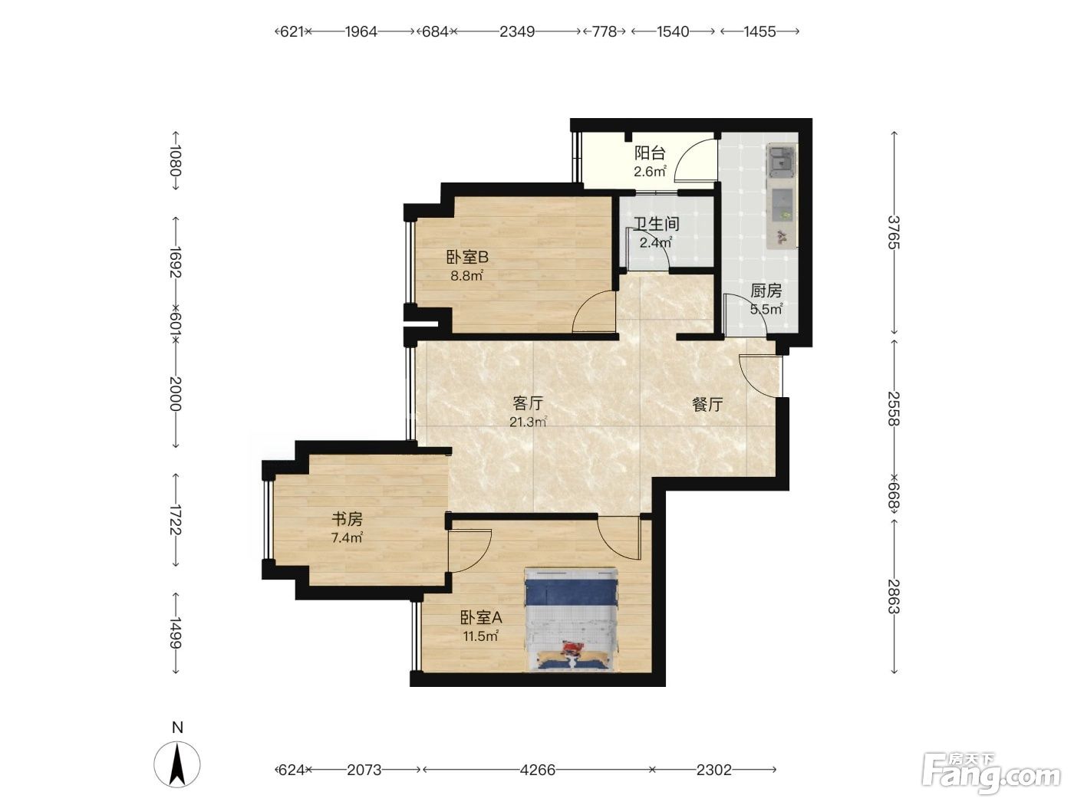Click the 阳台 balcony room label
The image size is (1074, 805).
pos(650,153)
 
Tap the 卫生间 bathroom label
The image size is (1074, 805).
pos(656,224)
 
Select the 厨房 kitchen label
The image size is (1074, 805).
pos(766,291)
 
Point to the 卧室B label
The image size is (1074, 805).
pos(466,257)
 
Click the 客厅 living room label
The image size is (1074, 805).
pos(528,403)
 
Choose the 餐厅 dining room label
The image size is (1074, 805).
pos(707,404)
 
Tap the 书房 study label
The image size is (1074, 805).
pos(347,518)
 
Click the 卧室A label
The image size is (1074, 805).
pos(481,617)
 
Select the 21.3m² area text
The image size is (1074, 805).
pos(528,422)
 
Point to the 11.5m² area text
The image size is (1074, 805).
pos(481,636)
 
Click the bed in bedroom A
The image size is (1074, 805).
pos(571,619)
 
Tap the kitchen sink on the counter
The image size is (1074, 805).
pos(782,160)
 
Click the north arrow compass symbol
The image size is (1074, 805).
pos(177,764)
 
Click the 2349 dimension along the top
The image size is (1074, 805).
pos(517,31)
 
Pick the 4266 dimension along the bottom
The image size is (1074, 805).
pos(537,770)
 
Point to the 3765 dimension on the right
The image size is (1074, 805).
pos(894,232)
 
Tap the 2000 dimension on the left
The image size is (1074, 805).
pos(176,393)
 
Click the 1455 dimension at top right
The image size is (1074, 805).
pos(760,31)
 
